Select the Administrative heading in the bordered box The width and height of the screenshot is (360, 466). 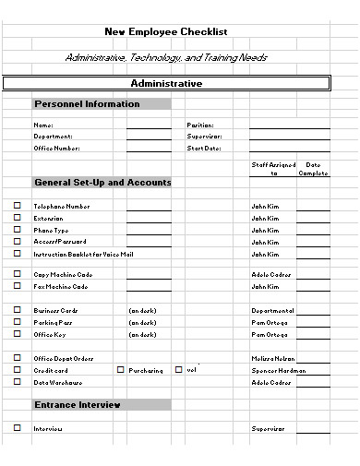[166, 83]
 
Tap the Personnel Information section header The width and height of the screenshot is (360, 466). [87, 104]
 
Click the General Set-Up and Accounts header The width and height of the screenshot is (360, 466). [102, 183]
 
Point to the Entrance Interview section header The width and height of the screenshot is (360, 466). [78, 404]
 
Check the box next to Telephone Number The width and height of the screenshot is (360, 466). [17, 207]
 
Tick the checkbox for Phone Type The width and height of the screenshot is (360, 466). [17, 230]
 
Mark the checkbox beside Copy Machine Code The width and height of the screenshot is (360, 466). [17, 274]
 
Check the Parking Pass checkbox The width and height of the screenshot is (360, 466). [17, 322]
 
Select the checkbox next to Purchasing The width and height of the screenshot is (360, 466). [120, 369]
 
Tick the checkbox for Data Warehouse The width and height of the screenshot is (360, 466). [17, 381]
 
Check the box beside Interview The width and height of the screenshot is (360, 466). [17, 428]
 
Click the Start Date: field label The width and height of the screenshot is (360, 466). [205, 148]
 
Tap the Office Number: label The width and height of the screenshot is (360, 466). [57, 148]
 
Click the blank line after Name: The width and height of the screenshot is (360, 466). [148, 125]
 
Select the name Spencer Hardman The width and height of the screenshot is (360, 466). [278, 370]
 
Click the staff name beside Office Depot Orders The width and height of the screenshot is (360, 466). [272, 358]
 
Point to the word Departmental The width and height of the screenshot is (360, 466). [272, 311]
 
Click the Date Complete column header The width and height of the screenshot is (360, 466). [313, 169]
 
